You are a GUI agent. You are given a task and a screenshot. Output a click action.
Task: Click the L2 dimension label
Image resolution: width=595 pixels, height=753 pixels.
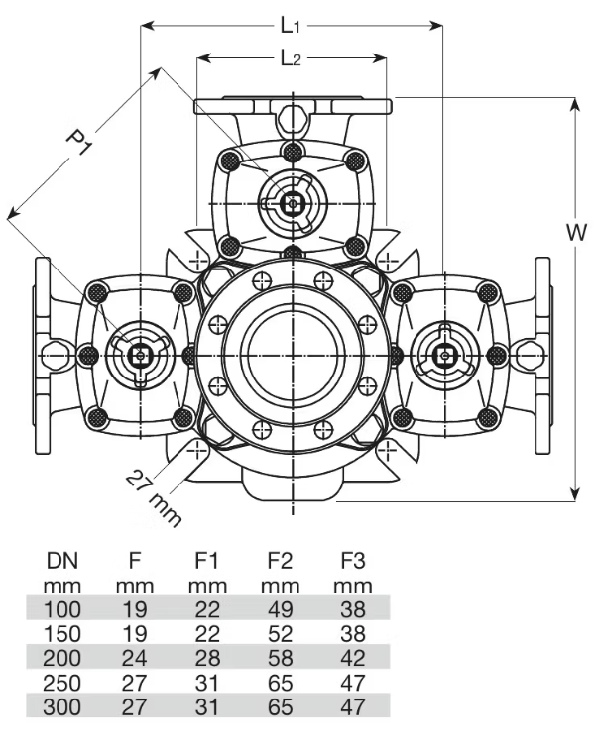pyautogui.click(x=291, y=59)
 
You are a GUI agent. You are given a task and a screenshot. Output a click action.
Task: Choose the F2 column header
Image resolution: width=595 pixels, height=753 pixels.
pyautogui.click(x=281, y=561)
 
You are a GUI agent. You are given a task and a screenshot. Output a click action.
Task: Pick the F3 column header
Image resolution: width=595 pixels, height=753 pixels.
pyautogui.click(x=351, y=561)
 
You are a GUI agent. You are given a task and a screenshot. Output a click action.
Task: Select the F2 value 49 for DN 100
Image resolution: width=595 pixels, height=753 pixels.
pyautogui.click(x=281, y=608)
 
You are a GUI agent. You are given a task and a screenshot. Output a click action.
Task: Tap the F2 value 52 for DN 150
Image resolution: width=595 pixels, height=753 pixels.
pyautogui.click(x=281, y=633)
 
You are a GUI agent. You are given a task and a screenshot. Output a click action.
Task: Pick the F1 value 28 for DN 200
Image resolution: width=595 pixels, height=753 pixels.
pyautogui.click(x=208, y=658)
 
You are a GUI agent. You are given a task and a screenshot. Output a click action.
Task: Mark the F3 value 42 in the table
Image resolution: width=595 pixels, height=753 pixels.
pyautogui.click(x=351, y=658)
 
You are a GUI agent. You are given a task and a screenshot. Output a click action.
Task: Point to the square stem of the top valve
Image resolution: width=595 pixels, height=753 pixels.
pyautogui.click(x=292, y=203)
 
